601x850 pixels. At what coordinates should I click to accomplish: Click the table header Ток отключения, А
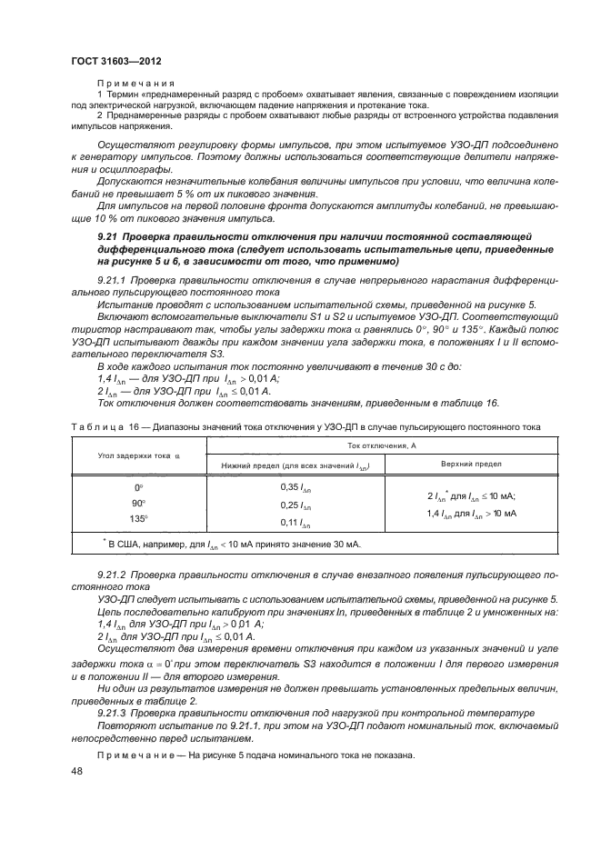coord(376,445)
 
